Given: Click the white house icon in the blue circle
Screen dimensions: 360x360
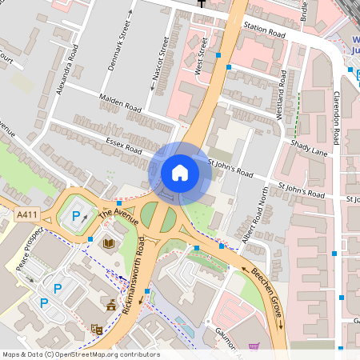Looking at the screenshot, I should coord(180,173).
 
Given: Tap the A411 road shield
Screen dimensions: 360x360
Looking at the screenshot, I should coord(27,214).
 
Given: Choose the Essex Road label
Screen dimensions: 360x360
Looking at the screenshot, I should coord(123,146).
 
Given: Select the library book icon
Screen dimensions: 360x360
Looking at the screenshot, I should coord(109,242).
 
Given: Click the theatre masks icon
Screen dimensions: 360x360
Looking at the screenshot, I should coord(97,328).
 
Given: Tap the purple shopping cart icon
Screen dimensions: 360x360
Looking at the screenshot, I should coord(254,346).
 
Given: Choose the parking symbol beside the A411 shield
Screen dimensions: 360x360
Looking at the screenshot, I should coord(77,216).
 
